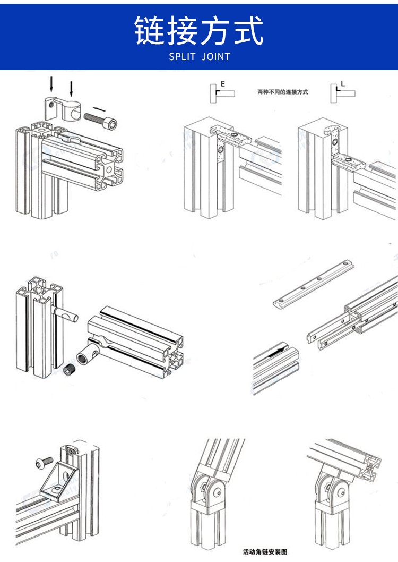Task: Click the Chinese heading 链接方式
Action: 198,30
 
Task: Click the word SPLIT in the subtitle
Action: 182,57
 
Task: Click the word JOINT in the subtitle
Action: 216,57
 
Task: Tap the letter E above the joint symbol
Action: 223,84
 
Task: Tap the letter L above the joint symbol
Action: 343,84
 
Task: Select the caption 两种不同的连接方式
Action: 282,92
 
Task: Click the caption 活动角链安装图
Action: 265,551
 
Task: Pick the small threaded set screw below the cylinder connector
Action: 68,370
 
